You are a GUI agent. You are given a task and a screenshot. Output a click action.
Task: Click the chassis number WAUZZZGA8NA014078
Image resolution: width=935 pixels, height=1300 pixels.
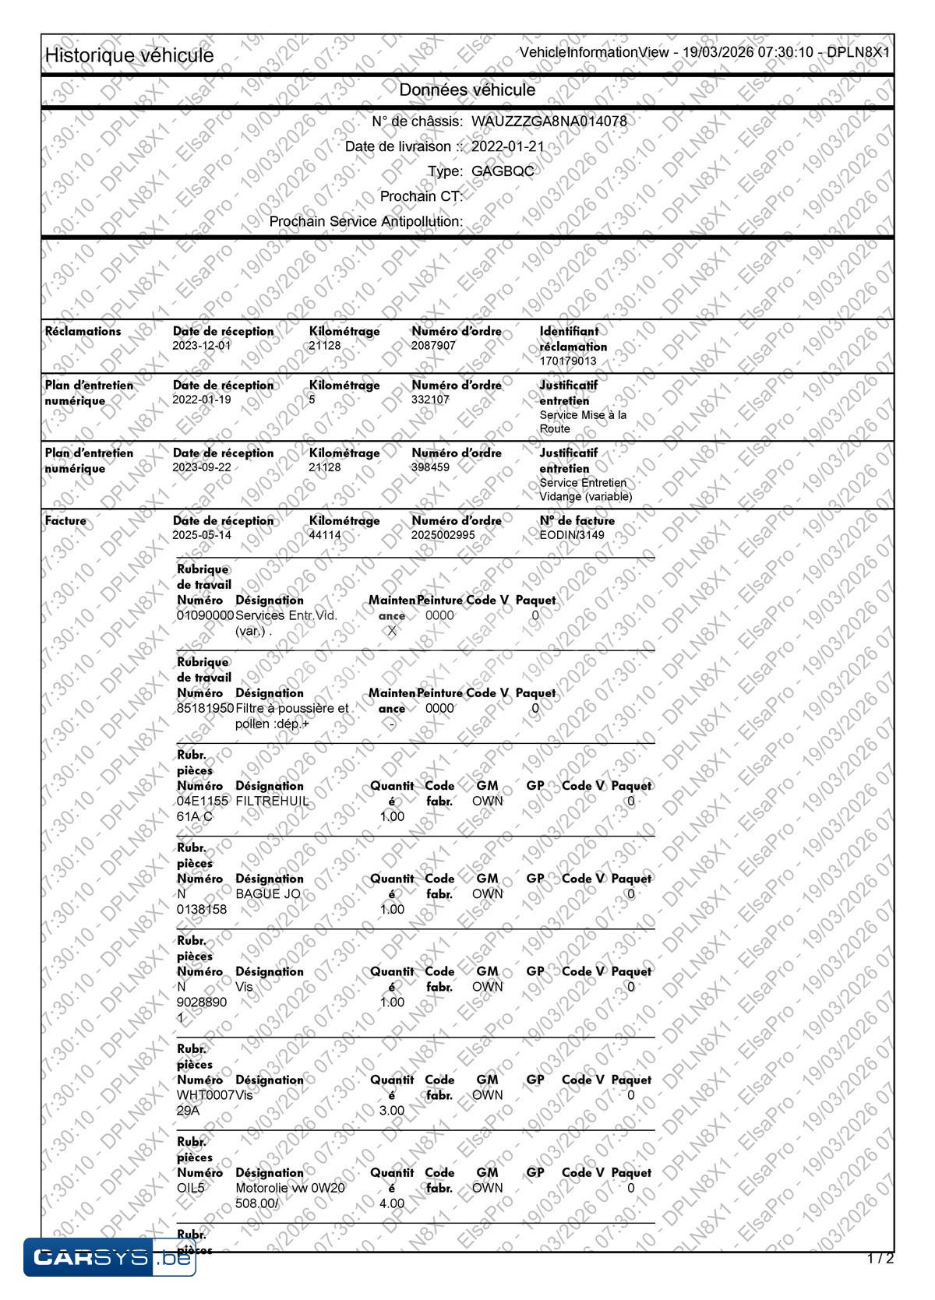(549, 122)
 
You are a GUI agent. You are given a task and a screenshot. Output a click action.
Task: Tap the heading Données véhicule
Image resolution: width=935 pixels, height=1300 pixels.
(467, 90)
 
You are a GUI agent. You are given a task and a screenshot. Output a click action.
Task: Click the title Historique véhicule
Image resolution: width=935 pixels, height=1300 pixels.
(129, 55)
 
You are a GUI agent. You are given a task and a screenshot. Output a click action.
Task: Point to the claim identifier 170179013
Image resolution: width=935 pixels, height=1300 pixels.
(568, 361)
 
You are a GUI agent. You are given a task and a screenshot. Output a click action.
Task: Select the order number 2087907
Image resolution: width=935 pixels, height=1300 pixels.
(433, 345)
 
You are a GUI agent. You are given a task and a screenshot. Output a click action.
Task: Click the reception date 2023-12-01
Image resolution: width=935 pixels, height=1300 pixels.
(202, 345)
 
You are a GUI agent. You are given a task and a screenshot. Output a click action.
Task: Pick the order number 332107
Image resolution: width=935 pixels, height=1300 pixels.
(430, 400)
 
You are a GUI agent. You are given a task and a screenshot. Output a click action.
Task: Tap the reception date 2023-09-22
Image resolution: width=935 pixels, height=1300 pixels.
(202, 467)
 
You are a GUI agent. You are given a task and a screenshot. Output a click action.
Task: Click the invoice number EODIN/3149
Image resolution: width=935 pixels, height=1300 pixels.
(572, 535)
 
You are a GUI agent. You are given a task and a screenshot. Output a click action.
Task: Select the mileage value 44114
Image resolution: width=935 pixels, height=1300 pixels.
(325, 535)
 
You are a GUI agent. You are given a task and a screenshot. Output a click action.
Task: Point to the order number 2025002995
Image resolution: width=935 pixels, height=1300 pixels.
(443, 535)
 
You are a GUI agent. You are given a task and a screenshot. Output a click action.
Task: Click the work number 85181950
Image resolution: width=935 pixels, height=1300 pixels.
(206, 708)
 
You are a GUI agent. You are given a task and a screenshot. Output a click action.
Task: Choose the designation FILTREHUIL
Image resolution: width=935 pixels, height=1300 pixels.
(272, 801)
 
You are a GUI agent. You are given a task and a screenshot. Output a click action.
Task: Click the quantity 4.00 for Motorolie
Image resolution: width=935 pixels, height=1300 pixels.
(392, 1203)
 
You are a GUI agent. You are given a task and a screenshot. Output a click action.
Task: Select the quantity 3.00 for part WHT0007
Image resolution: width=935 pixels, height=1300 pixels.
(392, 1110)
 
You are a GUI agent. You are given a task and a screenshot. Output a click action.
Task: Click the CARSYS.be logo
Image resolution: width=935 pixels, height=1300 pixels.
(109, 1257)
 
